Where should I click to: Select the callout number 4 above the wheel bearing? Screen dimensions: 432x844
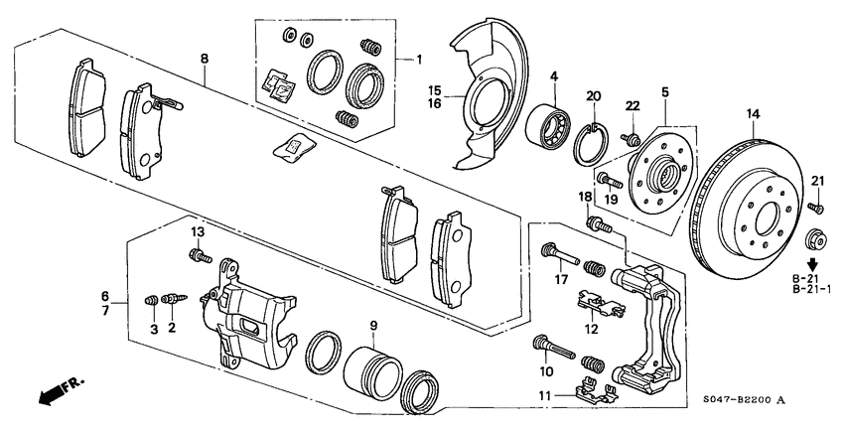coord(554,75)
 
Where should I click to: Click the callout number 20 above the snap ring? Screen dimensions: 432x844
coord(594,95)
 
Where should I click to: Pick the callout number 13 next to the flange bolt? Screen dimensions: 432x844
coord(197,231)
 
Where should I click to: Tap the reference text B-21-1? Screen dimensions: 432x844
coord(811,289)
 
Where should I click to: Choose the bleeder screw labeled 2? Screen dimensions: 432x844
coord(175,298)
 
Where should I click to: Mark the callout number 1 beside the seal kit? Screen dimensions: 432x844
coord(419,59)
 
